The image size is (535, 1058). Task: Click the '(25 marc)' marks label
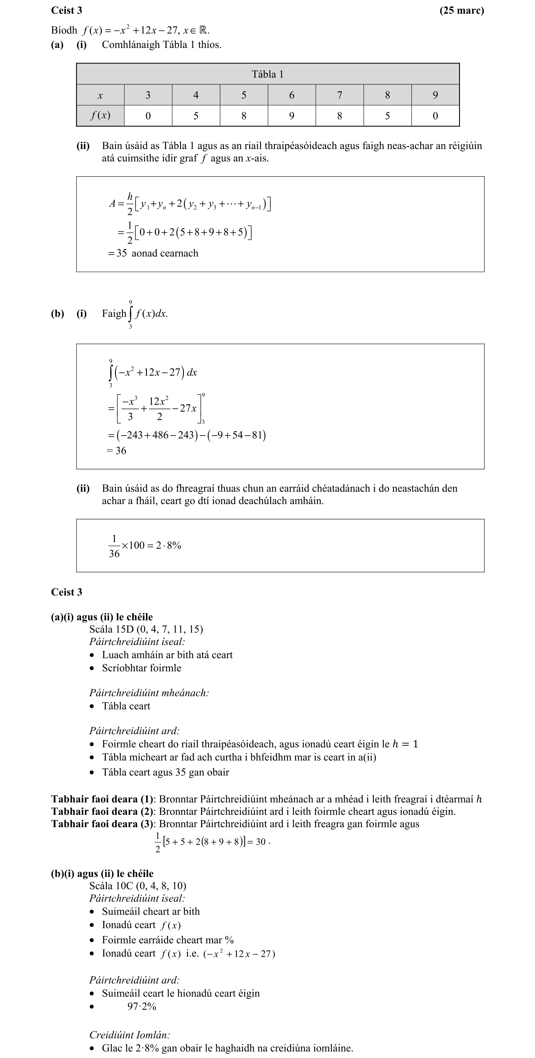pos(461,10)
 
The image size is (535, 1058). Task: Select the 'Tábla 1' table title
pos(267,74)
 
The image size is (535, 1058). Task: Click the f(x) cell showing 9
pos(291,116)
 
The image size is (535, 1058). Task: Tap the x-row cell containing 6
pos(291,95)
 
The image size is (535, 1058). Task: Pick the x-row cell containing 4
pos(196,95)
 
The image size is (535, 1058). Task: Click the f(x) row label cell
pos(100,116)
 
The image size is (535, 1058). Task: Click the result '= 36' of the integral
pos(116,450)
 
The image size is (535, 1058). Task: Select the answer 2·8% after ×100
pos(168,545)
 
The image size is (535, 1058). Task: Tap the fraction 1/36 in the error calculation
pos(114,546)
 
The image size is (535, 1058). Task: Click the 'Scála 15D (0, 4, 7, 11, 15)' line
pos(146,629)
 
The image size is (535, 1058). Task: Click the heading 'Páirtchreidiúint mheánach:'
pos(149,693)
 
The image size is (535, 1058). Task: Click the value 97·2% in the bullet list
pos(142,1007)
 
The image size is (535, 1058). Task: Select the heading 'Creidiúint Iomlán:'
pos(129,1034)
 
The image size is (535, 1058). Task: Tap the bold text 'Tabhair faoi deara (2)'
pos(102,812)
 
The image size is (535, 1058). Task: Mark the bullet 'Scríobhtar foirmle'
pos(141,668)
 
